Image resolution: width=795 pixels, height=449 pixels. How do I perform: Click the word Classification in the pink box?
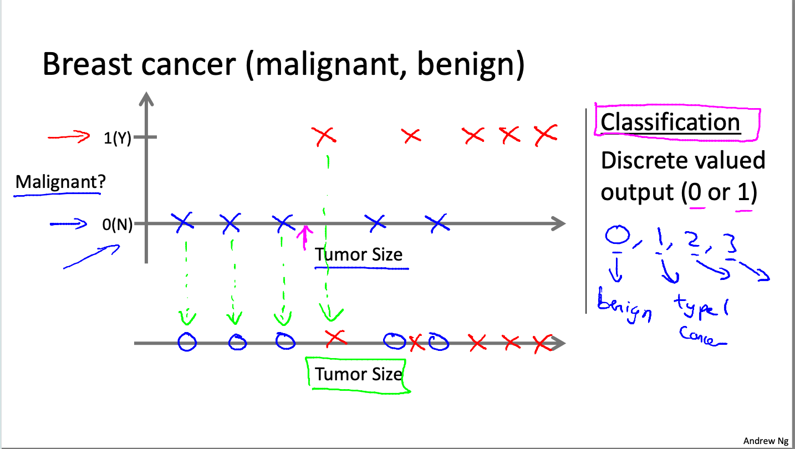[x=670, y=123]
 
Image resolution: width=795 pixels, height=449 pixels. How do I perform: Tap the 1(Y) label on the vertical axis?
[x=118, y=137]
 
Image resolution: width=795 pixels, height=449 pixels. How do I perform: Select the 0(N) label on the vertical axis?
[x=118, y=225]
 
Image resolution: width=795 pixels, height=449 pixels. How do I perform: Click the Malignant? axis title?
[x=57, y=182]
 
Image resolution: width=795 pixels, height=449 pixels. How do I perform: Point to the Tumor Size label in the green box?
[x=358, y=375]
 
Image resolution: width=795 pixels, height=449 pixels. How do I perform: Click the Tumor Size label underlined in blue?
[x=358, y=255]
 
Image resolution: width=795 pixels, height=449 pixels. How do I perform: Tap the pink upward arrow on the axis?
[x=303, y=237]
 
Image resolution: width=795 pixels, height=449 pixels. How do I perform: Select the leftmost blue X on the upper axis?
[x=182, y=223]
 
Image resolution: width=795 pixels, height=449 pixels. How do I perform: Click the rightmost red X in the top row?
[x=546, y=134]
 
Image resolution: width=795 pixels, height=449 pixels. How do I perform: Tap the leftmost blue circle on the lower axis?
[x=187, y=342]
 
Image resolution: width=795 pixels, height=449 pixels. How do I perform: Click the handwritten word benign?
[x=624, y=306]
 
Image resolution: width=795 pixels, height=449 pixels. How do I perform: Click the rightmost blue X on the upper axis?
[x=438, y=223]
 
